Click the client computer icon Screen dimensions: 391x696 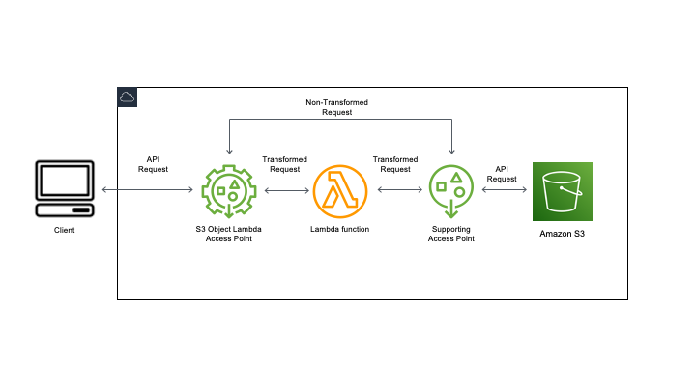pyautogui.click(x=65, y=190)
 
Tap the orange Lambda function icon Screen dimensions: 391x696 pyautogui.click(x=340, y=191)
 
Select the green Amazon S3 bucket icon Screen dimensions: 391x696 pyautogui.click(x=563, y=191)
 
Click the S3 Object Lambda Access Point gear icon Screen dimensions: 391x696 pyautogui.click(x=229, y=191)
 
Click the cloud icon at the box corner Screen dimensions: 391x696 pyautogui.click(x=127, y=96)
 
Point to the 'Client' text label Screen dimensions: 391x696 pyautogui.click(x=65, y=231)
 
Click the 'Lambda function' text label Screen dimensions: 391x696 pyautogui.click(x=340, y=229)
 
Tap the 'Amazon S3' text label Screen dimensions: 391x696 pyautogui.click(x=563, y=233)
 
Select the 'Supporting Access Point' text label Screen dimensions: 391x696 pyautogui.click(x=451, y=234)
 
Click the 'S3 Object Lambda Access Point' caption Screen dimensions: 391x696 pyautogui.click(x=229, y=234)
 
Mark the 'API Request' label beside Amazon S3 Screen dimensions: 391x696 pyautogui.click(x=502, y=173)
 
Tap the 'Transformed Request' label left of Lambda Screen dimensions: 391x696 pyautogui.click(x=284, y=163)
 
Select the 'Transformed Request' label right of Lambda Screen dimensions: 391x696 pyautogui.click(x=395, y=163)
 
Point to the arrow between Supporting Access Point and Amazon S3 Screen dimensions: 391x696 pyautogui.click(x=505, y=191)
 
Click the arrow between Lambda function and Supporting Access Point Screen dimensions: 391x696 pyautogui.click(x=397, y=191)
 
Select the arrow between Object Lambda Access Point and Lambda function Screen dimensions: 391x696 pyautogui.click(x=285, y=191)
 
